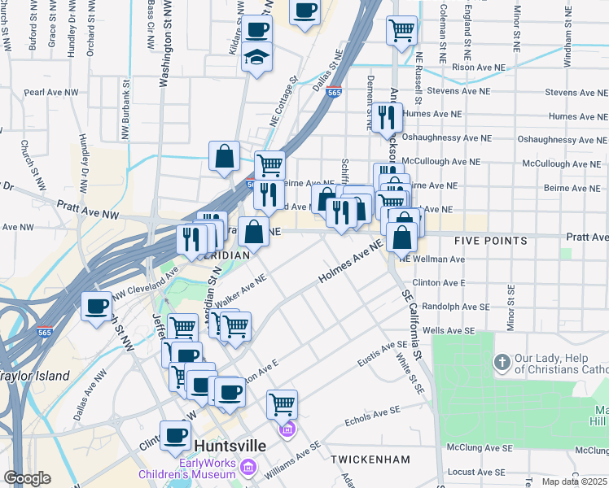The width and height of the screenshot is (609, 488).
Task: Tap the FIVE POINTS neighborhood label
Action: [x=491, y=241]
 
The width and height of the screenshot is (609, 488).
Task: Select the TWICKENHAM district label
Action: [x=370, y=460]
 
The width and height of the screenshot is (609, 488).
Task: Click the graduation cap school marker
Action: [x=256, y=58]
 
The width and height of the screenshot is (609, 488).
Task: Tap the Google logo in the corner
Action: [x=26, y=477]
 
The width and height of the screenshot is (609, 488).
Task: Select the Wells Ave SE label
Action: [x=449, y=331]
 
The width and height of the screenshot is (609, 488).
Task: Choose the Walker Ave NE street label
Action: [x=241, y=290]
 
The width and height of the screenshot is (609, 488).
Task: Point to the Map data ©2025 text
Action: [x=574, y=481]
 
